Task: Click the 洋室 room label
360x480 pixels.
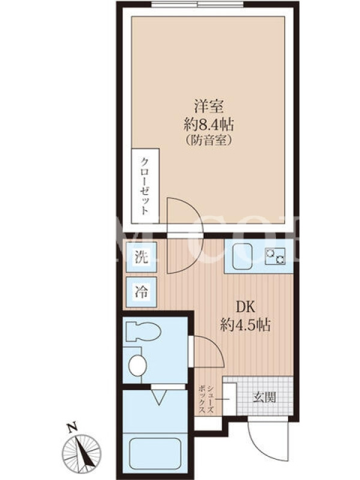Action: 208,106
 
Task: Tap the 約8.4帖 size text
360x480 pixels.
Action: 208,125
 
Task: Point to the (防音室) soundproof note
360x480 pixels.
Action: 208,140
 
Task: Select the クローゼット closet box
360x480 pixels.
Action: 145,186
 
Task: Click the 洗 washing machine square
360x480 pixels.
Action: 142,257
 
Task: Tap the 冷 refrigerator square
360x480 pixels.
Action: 142,292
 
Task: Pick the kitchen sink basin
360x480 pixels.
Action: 242,256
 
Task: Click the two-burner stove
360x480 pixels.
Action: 275,256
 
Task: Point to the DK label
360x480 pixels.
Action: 245,307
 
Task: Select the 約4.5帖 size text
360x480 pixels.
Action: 245,325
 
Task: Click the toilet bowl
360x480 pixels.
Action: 143,331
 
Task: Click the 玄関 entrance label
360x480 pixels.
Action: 264,397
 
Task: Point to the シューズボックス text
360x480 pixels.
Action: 206,400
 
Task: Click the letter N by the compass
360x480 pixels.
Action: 72,428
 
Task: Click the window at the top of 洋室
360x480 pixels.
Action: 199,4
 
